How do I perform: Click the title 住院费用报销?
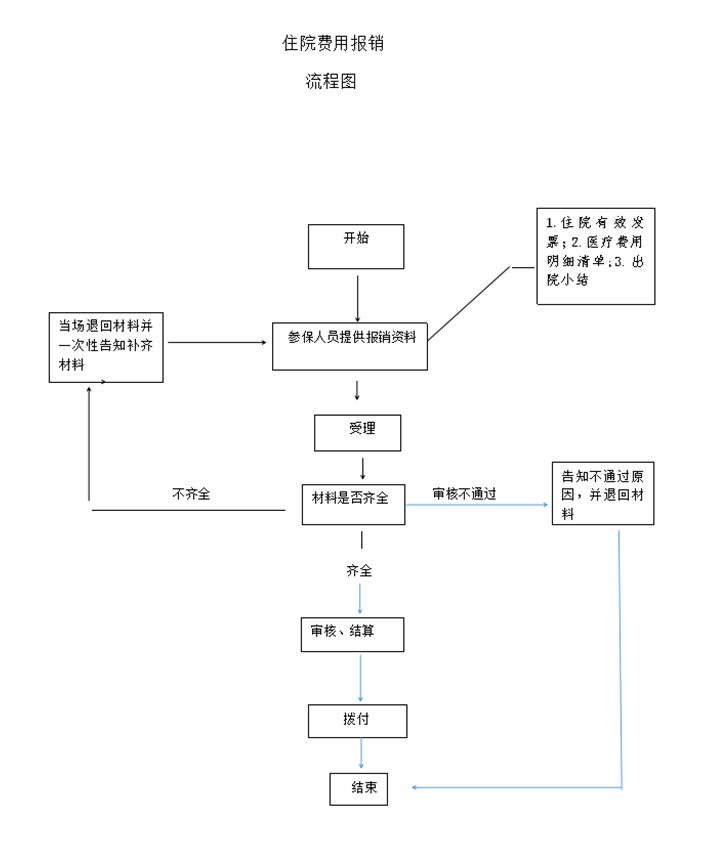[333, 43]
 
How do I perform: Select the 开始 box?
[356, 246]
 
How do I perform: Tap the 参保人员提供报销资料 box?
[350, 346]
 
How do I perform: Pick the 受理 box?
[358, 433]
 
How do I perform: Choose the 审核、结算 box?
[352, 635]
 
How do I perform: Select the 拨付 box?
[357, 720]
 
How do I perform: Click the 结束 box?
[358, 788]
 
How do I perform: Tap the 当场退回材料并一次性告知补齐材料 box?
[106, 346]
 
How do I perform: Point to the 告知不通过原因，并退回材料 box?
[603, 493]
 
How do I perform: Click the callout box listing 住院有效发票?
[596, 257]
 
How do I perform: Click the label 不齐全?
[191, 494]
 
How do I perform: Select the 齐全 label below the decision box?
[359, 571]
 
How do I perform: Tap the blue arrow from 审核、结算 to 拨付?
[360, 678]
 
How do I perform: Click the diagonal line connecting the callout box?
[470, 303]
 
